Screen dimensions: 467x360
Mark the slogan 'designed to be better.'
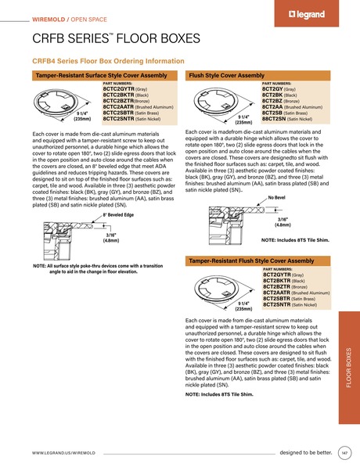pos(305,452)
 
